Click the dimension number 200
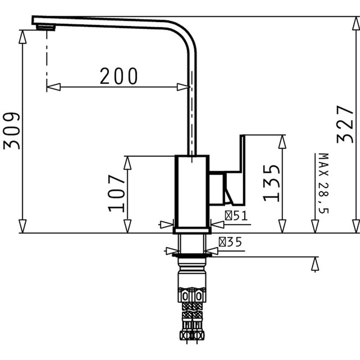point(119,76)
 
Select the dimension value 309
point(11,131)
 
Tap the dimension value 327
point(345,124)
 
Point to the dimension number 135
point(272,183)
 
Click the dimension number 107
point(116,193)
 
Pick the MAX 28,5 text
point(323,183)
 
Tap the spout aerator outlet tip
point(46,28)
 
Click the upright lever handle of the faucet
point(242,169)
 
